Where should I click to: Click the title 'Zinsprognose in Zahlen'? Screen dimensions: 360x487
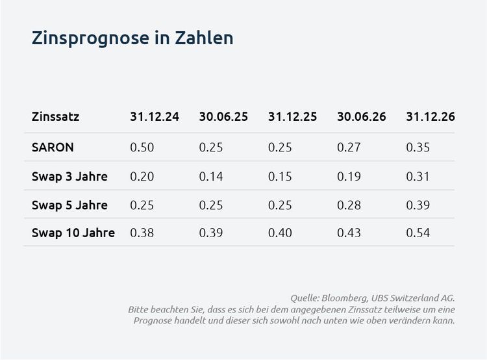tap(132, 38)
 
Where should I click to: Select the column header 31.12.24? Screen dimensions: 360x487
tap(155, 118)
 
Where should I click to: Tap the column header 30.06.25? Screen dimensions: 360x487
tap(223, 118)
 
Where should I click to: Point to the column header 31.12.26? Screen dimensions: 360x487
tap(431, 118)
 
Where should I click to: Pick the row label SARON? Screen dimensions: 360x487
tap(53, 147)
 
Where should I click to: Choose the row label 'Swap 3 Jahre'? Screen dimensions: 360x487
tap(69, 176)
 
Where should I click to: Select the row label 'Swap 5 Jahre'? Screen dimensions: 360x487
tap(69, 205)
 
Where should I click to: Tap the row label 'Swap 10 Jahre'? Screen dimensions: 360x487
tap(73, 233)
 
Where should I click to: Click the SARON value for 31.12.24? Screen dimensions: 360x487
tap(142, 147)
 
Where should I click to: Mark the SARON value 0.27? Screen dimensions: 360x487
tap(349, 147)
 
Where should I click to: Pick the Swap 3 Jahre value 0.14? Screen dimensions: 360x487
tap(211, 176)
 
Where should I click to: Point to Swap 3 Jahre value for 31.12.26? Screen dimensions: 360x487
tap(418, 176)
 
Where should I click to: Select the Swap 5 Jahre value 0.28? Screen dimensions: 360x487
tap(349, 205)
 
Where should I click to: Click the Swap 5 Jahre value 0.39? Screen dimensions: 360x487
tap(418, 205)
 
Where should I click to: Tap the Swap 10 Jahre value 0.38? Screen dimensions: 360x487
tap(142, 233)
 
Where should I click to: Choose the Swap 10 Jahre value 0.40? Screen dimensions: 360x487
tap(281, 233)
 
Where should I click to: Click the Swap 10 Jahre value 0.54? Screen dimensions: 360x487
tap(418, 233)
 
